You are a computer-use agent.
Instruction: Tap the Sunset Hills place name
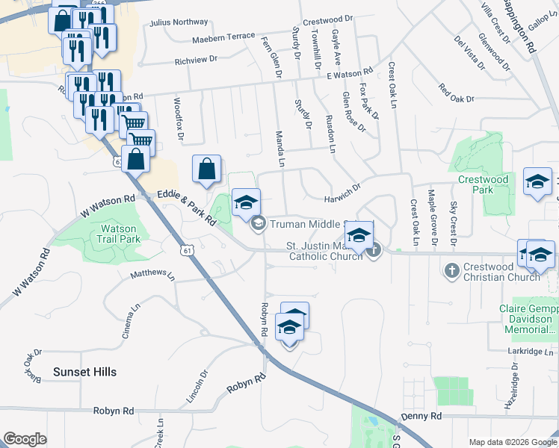(x=84, y=371)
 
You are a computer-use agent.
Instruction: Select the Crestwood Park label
(x=484, y=184)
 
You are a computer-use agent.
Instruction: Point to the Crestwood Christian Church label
(x=501, y=272)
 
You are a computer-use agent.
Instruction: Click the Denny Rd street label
(x=421, y=416)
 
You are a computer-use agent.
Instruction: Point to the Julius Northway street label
(x=179, y=22)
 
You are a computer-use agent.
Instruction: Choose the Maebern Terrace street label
(x=223, y=37)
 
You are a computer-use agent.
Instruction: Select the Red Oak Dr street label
(x=457, y=93)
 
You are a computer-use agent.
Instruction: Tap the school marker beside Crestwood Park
(x=537, y=181)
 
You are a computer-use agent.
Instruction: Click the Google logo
(x=25, y=440)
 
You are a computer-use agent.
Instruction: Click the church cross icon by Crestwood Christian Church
(x=451, y=270)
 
